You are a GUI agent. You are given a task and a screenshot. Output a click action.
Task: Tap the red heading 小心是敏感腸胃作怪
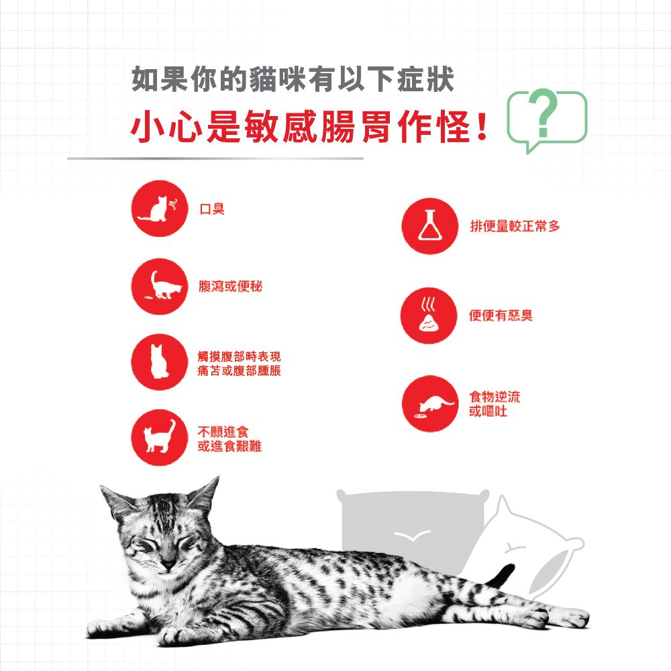tap(309, 127)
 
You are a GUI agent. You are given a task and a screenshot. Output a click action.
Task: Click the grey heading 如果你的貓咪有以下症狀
tap(293, 79)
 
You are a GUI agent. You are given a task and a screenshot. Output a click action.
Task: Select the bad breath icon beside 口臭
tap(159, 209)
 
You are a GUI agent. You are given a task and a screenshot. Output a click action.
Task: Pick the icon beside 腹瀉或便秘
tap(159, 287)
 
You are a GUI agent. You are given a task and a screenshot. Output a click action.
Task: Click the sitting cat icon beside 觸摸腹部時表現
tap(159, 363)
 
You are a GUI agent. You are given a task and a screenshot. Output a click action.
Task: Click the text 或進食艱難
tap(229, 447)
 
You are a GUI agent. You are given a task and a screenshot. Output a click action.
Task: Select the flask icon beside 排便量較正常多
tap(429, 226)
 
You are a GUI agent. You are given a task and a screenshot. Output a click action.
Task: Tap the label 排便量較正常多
tap(515, 226)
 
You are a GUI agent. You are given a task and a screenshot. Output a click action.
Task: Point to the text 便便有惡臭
tap(501, 315)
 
